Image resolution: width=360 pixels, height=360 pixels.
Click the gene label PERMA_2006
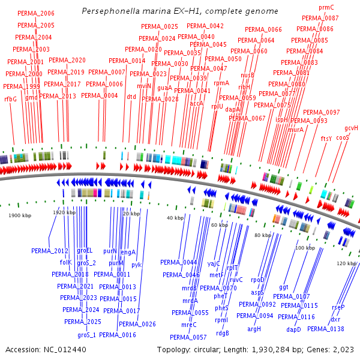click(x=36, y=13)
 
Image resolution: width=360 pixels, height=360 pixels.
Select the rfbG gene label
click(x=10, y=98)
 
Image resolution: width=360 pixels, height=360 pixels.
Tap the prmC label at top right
click(x=326, y=7)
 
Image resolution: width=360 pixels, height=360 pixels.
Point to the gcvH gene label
click(x=351, y=128)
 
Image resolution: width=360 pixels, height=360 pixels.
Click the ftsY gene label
click(x=326, y=139)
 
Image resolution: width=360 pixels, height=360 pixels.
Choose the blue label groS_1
click(x=87, y=335)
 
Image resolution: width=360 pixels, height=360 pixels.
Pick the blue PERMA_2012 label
click(x=50, y=251)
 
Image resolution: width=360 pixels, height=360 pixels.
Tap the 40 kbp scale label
click(x=175, y=218)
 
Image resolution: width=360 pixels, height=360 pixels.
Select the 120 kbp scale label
click(x=346, y=263)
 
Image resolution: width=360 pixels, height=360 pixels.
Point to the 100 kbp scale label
click(x=305, y=247)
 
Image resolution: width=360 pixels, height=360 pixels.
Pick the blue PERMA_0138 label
click(x=326, y=329)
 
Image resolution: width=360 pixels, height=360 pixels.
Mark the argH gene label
click(x=254, y=329)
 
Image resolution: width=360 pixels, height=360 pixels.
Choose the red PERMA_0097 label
click(x=322, y=112)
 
